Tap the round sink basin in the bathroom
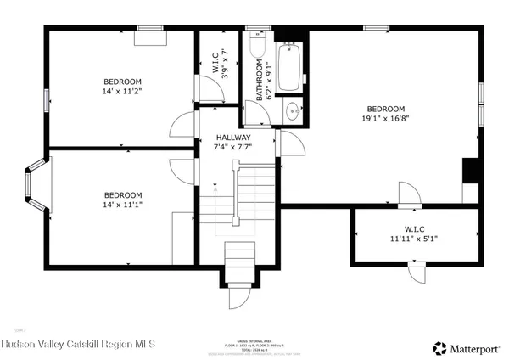point(291,110)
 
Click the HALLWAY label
point(232,137)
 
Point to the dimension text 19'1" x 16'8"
point(385,120)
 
